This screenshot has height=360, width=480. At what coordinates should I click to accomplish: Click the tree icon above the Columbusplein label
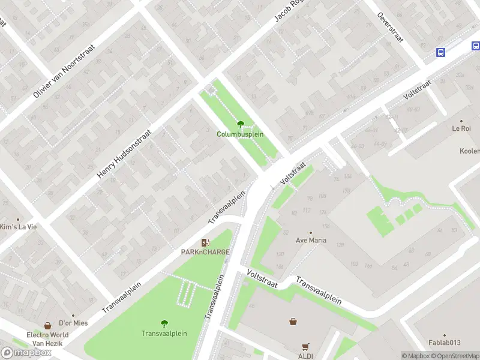tap(241, 124)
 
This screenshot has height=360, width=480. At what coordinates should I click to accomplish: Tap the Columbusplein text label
tap(240, 134)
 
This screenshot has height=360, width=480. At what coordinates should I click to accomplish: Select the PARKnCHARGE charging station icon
tap(206, 242)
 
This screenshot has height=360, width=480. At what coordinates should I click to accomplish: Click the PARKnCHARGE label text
tap(206, 253)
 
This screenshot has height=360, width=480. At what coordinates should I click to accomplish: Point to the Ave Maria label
tap(310, 241)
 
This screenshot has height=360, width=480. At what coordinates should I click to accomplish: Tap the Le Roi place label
tap(461, 128)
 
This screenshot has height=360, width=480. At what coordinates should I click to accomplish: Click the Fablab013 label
tap(445, 343)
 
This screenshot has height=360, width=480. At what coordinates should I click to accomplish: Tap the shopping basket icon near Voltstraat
tap(293, 321)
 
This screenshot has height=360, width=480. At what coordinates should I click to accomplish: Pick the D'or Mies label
tap(73, 323)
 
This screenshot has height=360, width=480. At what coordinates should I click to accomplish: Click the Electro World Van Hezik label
tap(47, 339)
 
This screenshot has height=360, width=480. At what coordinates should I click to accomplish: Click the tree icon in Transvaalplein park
tap(164, 323)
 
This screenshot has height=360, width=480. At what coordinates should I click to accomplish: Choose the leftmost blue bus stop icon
tap(440, 52)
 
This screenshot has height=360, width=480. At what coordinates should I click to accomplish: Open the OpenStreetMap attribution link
tap(453, 356)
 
